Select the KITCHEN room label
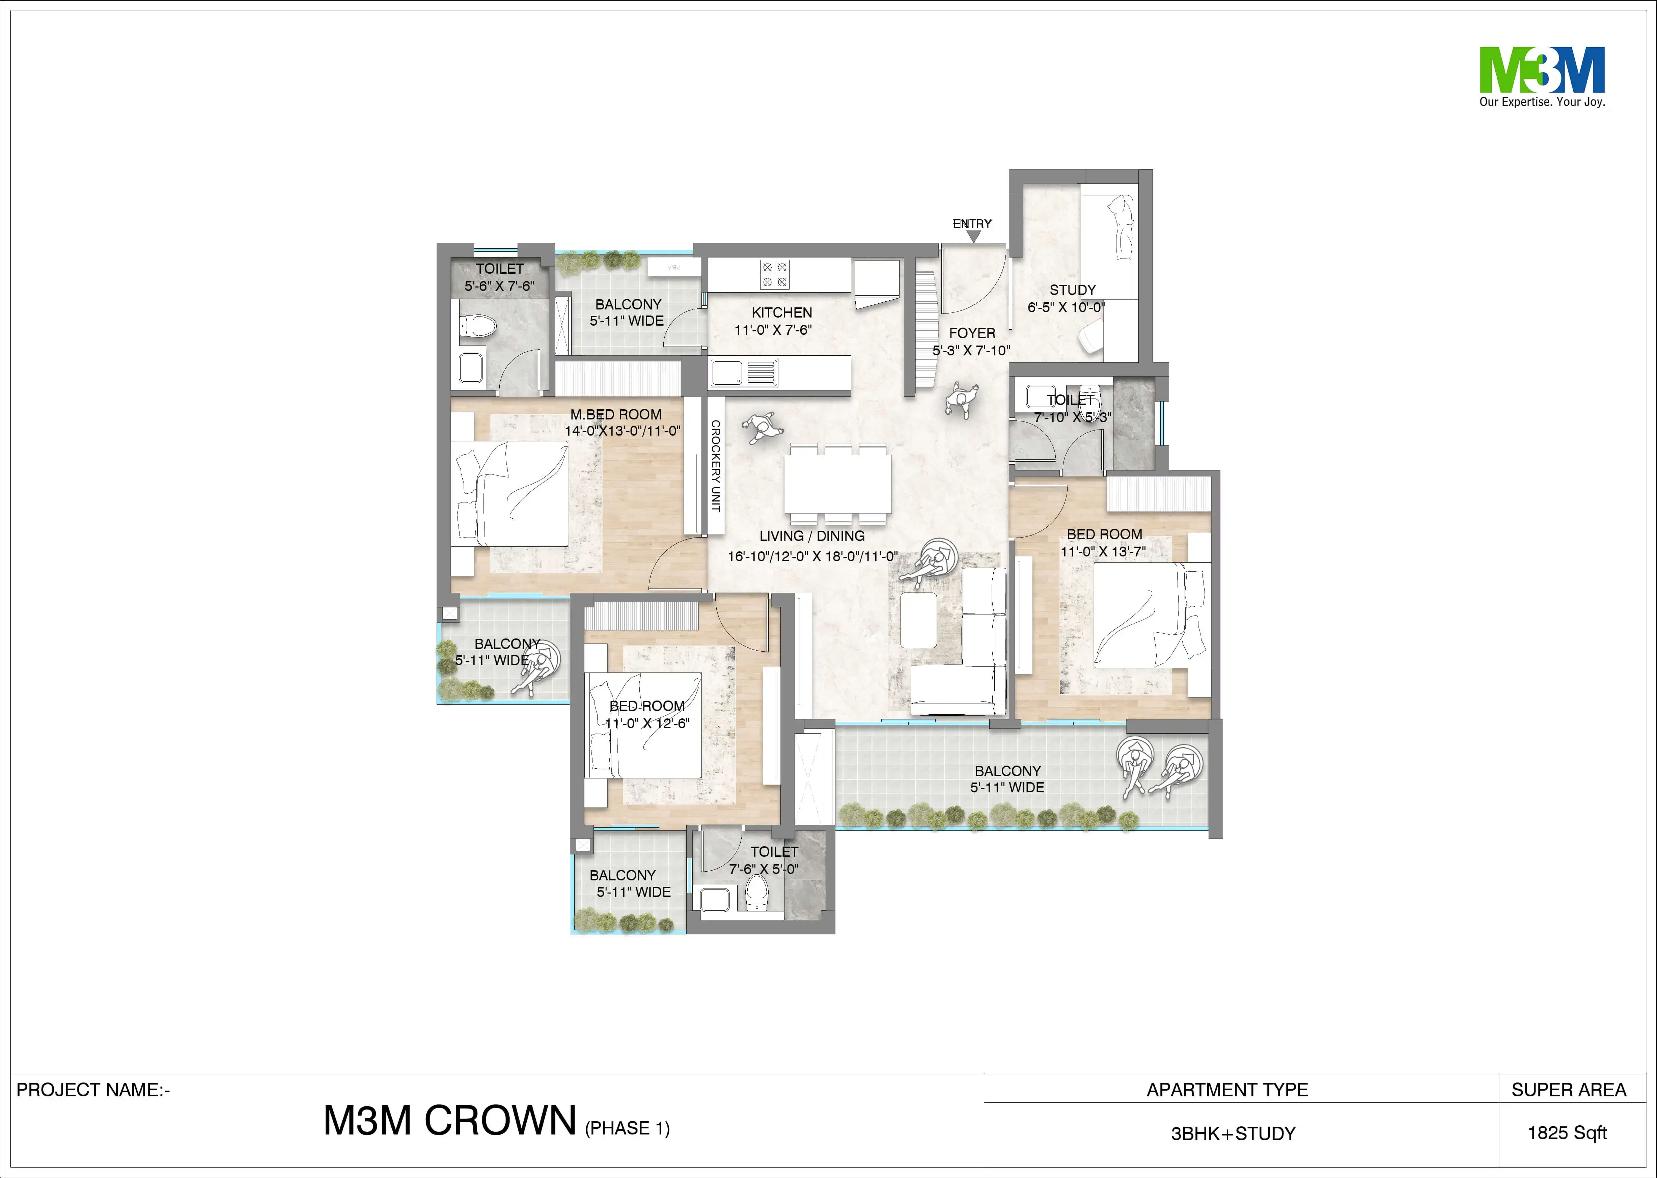782,312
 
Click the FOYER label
972,333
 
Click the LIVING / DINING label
811,536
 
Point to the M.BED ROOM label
616,414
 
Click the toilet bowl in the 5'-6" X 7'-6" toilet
478,326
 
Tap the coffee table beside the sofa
917,620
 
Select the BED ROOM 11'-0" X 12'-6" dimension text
647,723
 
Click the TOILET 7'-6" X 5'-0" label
774,852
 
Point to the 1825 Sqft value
1567,1133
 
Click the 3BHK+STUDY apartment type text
1233,1134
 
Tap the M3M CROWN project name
450,1121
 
